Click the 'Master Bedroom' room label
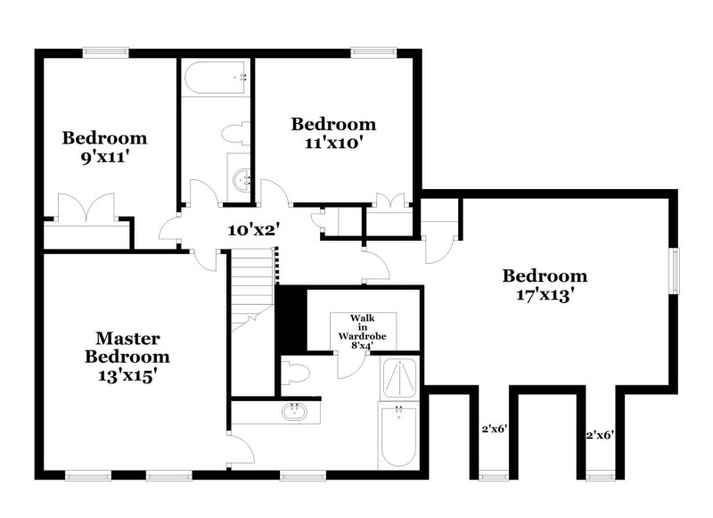(127, 348)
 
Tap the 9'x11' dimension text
(103, 156)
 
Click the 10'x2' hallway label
(254, 229)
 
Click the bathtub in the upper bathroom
(215, 79)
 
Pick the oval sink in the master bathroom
(295, 412)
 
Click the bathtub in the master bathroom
(398, 434)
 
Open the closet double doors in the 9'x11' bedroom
(83, 208)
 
